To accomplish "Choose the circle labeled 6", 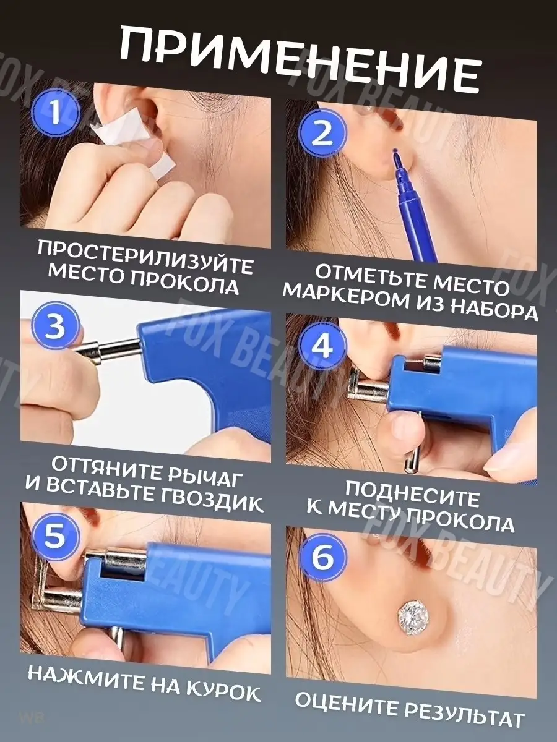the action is click(x=323, y=558).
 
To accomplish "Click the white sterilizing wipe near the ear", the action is click(x=134, y=142).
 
